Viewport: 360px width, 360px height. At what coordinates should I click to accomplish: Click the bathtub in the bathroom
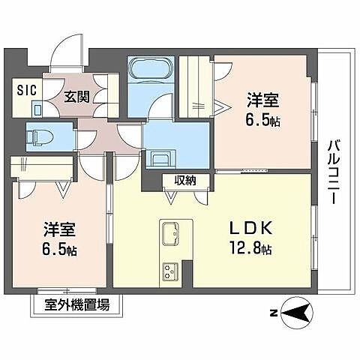pyautogui.click(x=151, y=73)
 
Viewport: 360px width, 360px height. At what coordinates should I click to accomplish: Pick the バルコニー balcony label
pyautogui.click(x=334, y=169)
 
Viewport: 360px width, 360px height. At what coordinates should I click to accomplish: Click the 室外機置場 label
pyautogui.click(x=77, y=305)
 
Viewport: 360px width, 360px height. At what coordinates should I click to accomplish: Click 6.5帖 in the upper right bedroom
pyautogui.click(x=263, y=119)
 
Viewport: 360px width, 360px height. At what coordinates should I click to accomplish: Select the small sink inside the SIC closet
pyautogui.click(x=38, y=107)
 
